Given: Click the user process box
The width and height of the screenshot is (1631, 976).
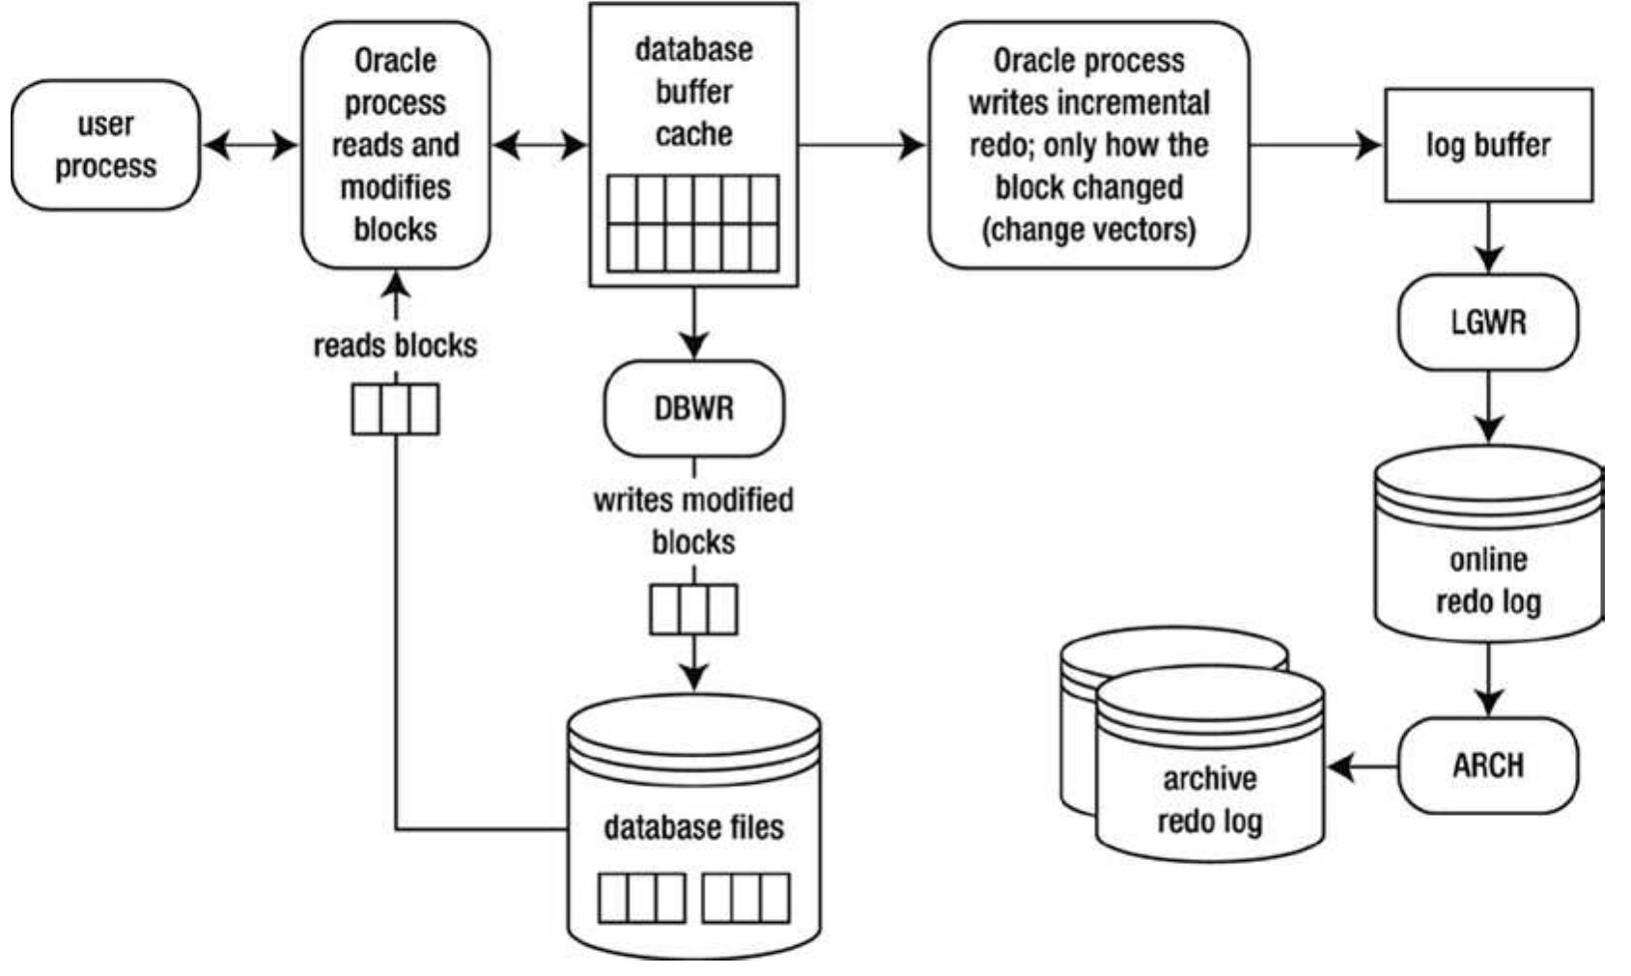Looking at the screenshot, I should point(104,145).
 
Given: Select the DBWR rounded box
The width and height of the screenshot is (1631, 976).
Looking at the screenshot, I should point(693,408).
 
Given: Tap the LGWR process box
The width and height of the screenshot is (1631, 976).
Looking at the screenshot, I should point(1487,321).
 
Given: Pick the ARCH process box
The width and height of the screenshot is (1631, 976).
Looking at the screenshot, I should point(1487,766).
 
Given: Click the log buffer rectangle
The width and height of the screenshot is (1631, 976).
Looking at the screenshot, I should point(1487,145).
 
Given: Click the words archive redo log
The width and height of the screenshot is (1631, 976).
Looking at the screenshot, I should point(1209,799).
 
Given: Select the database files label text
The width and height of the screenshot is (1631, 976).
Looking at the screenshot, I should point(693,827).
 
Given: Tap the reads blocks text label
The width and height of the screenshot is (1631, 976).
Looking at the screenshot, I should point(395,346).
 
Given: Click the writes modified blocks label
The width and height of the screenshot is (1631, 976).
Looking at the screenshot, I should point(693,520).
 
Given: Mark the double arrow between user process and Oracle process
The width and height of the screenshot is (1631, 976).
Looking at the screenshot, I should point(251,146).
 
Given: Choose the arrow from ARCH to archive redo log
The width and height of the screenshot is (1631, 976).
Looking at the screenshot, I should point(1362,767).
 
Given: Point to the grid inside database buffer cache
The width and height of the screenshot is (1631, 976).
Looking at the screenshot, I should point(693,223).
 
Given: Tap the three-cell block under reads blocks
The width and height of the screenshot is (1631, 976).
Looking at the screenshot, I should point(395,409).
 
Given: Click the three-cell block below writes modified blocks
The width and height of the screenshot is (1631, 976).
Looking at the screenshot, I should point(693,609).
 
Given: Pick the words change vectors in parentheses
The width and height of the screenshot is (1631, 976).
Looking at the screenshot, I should point(1088,230).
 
